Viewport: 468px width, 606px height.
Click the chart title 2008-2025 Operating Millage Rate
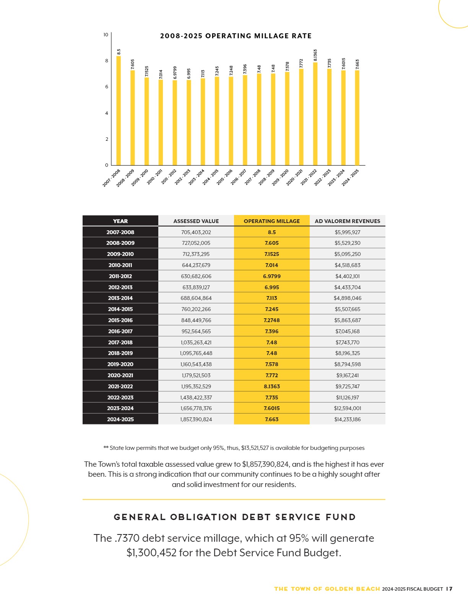tap(236, 36)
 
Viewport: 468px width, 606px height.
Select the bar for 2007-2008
tap(119, 111)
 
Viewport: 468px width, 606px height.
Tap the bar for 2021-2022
tap(315, 114)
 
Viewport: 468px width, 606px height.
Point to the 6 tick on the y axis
tap(106, 87)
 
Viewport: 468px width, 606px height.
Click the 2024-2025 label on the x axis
tap(350, 178)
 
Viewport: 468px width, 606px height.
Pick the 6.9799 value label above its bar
tap(175, 73)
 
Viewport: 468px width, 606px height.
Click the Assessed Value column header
tap(196, 221)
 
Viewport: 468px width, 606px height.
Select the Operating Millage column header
tap(271, 221)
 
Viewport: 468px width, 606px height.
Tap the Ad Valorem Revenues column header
tap(347, 221)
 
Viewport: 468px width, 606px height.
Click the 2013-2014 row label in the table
tap(120, 298)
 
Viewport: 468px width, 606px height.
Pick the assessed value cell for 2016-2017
tap(196, 331)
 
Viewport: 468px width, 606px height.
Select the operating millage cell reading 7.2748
tap(271, 320)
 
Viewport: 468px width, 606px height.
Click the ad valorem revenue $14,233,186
tap(347, 419)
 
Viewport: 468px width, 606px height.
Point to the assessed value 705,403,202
tap(196, 232)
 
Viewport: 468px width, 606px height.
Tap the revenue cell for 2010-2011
tap(347, 265)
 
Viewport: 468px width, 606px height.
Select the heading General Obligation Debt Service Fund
tap(235, 517)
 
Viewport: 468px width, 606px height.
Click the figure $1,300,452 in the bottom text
tap(152, 552)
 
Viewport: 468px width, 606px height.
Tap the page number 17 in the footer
tap(449, 589)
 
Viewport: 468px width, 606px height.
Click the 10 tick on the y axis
tap(106, 34)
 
